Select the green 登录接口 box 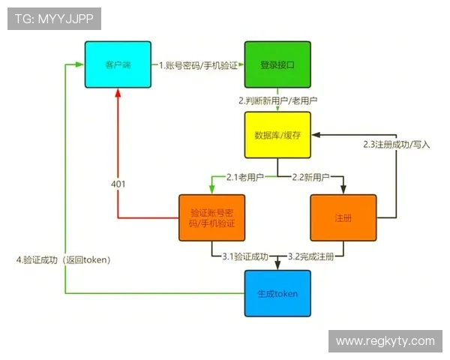click(277, 65)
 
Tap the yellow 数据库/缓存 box click(277, 135)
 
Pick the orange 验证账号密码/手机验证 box click(213, 218)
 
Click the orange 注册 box click(343, 218)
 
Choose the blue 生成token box click(277, 293)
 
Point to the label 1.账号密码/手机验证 click(199, 66)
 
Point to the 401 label click(118, 183)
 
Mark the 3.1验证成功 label click(245, 256)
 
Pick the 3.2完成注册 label click(311, 256)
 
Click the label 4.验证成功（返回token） click(64, 260)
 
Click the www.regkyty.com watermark click(385, 341)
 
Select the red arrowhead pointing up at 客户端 click(118, 94)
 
